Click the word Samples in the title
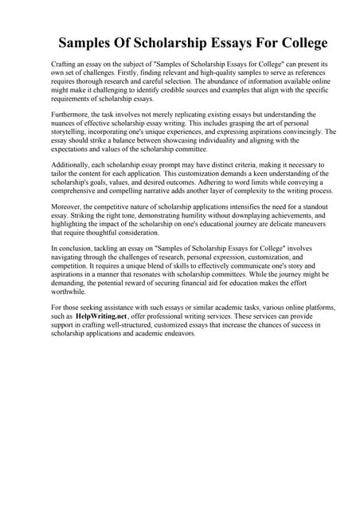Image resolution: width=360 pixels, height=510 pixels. pyautogui.click(x=93, y=43)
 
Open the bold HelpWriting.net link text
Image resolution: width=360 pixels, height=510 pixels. pyautogui.click(x=108, y=316)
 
